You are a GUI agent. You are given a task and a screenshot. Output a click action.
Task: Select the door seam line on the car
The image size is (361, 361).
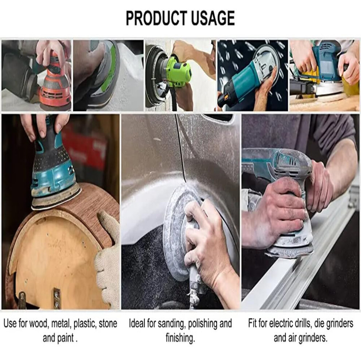point(181,150)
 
